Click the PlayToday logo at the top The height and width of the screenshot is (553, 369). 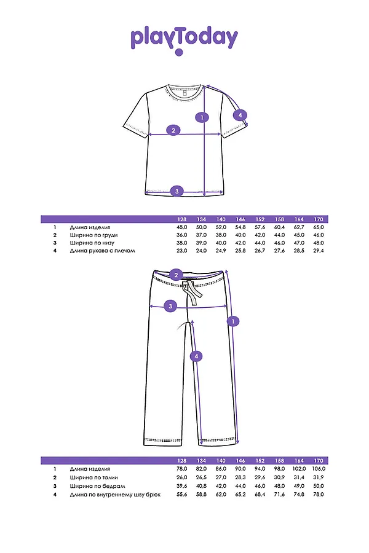184,39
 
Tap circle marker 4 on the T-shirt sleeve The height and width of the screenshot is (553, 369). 240,114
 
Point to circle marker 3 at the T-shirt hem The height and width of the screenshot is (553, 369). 177,191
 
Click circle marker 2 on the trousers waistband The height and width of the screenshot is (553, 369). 176,275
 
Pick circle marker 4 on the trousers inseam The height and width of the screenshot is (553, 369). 196,356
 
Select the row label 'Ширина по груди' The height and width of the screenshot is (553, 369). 93,235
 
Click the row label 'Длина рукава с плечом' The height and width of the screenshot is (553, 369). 102,251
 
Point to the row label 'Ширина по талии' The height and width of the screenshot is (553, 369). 93,477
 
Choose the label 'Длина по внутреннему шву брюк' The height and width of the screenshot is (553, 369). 114,493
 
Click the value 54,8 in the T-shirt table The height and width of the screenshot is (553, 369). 240,227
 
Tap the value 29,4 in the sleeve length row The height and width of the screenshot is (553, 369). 319,251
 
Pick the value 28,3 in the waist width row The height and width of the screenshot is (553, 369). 240,477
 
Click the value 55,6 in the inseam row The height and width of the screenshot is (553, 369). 181,493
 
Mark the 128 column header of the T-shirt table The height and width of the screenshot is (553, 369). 181,219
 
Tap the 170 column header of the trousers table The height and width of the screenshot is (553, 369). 319,461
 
